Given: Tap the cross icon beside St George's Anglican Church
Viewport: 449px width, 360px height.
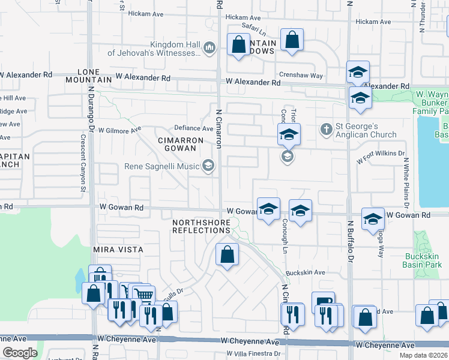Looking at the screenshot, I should (x=326, y=129).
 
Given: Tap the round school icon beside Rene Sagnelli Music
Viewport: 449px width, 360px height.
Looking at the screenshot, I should (x=208, y=165).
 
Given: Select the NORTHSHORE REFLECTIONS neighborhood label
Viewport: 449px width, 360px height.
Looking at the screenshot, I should (x=201, y=226).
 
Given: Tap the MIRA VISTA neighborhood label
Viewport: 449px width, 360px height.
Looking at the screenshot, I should (x=118, y=249).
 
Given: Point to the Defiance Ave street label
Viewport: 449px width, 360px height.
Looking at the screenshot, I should (x=193, y=128).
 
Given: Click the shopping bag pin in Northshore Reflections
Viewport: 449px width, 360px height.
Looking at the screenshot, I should (x=227, y=254).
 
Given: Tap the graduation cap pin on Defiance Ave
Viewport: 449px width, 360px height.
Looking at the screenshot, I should (x=289, y=134).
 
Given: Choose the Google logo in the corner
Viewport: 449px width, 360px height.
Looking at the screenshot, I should (x=20, y=353).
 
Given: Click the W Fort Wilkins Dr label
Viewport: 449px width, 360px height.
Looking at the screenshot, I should (x=381, y=158).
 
